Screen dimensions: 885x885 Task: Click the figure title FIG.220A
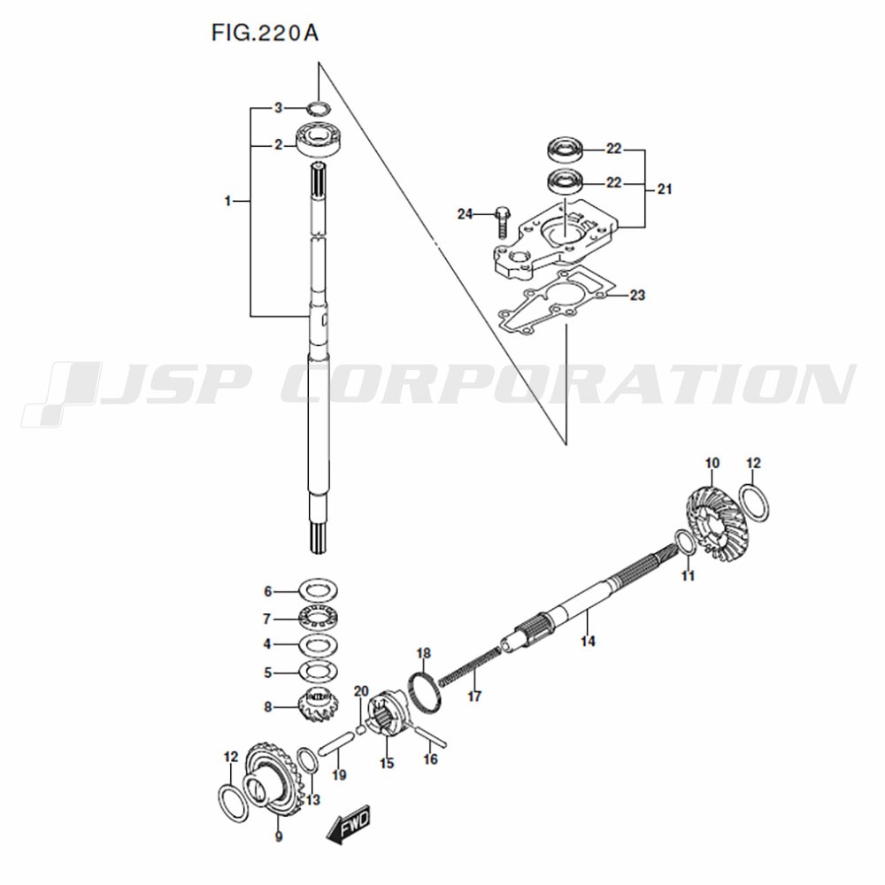click(265, 33)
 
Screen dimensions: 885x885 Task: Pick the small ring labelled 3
click(319, 107)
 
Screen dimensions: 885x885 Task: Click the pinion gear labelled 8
click(317, 709)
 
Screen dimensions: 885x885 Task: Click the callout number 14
click(588, 641)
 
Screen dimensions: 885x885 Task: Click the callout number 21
click(665, 189)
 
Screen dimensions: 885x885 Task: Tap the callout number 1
click(228, 201)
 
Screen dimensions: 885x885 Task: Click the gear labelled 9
click(270, 780)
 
